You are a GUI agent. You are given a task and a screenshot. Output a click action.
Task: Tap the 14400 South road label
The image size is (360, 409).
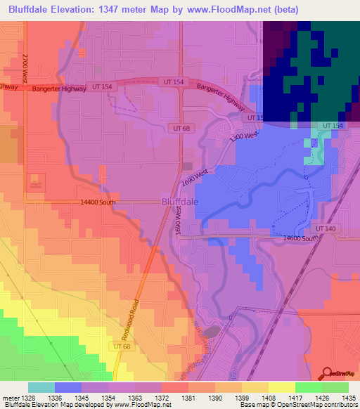point(97,202)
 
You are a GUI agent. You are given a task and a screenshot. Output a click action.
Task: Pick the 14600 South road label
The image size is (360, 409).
point(301,238)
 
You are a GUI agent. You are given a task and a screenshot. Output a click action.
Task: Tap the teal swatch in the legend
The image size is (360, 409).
point(41,387)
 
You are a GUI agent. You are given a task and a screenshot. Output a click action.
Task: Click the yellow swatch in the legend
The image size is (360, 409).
point(281,387)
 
